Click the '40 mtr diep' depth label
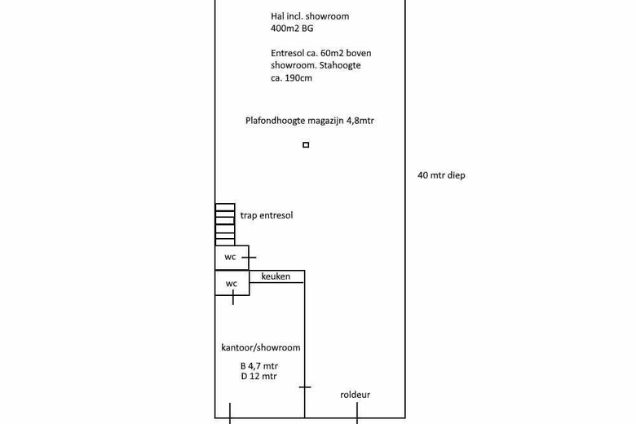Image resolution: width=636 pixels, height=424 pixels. [x=441, y=175]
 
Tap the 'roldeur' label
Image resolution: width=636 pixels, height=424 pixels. [x=355, y=395]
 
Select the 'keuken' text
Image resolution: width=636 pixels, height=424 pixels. [x=276, y=276]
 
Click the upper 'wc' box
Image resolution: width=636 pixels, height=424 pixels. [x=231, y=258]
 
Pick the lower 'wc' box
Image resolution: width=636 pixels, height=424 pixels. [x=232, y=284]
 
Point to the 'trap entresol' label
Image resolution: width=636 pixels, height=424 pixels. [x=266, y=215]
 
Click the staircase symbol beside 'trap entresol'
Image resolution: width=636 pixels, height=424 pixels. [x=225, y=224]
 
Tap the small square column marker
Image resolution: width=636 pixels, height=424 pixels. [x=306, y=145]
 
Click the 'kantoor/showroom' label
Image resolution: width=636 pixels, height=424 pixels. [x=261, y=347]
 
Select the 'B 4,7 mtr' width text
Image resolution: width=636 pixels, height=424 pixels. [x=258, y=367]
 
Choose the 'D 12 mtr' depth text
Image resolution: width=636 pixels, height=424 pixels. [x=258, y=377]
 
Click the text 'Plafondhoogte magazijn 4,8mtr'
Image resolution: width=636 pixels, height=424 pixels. [x=310, y=121]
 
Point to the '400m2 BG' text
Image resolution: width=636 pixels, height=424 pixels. [x=292, y=29]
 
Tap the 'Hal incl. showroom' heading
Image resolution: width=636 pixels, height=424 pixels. [x=310, y=16]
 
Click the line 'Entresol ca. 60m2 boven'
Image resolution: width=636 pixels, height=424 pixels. [x=321, y=53]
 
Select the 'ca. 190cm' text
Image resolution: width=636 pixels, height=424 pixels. [x=291, y=78]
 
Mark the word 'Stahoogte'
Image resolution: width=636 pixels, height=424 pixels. [x=340, y=65]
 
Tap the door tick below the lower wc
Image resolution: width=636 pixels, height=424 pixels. [x=234, y=299]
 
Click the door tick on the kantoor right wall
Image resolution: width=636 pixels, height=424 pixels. [x=305, y=387]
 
